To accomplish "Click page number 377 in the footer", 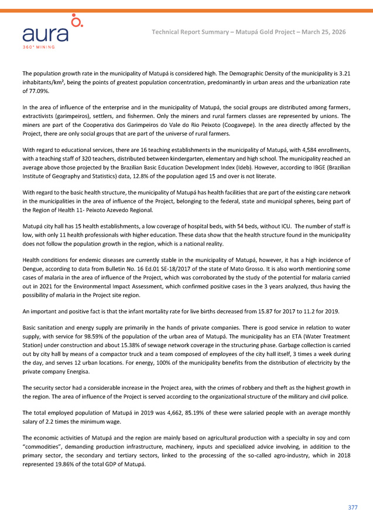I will tap(353, 507).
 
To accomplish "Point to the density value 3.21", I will tap(344, 74).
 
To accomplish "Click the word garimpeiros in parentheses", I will tap(70, 115).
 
